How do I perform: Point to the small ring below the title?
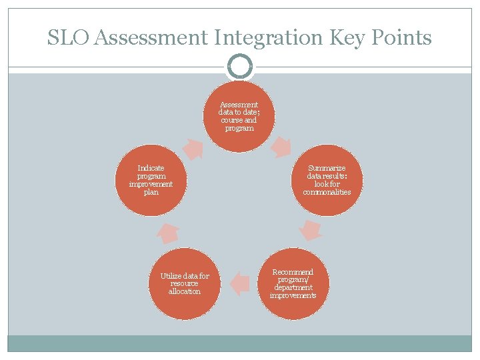point(239,66)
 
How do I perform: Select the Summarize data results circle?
point(327,181)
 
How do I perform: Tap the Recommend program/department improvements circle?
point(293,283)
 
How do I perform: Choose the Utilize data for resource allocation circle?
point(185,283)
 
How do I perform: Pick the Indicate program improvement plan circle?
point(151,181)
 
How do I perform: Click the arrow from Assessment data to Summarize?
point(282,146)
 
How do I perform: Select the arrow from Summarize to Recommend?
point(310,230)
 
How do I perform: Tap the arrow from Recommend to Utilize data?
point(239,283)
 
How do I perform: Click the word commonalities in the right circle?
point(327,192)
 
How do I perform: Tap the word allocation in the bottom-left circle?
point(185,291)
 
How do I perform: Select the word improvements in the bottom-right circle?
point(293,295)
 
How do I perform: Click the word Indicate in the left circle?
point(151,169)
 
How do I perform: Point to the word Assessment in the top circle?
point(239,105)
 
